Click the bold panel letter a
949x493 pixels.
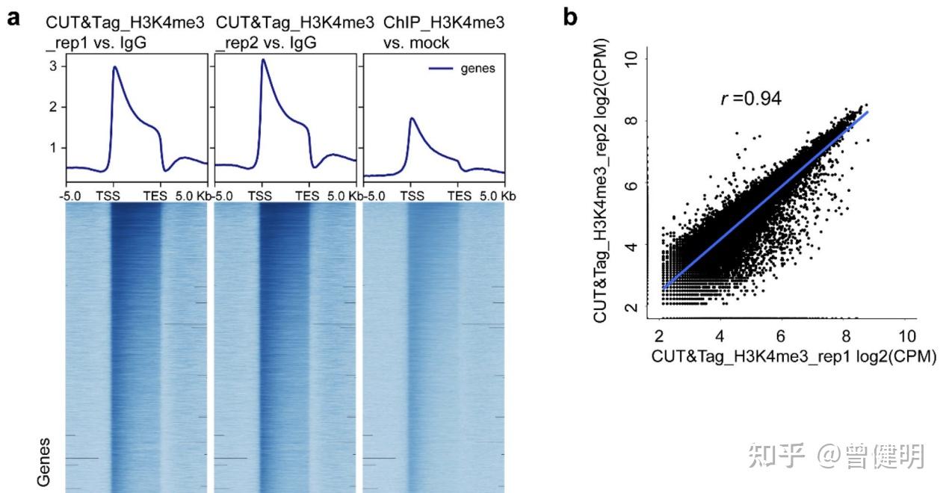tap(13, 19)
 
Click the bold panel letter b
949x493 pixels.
tap(571, 17)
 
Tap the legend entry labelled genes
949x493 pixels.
tap(477, 69)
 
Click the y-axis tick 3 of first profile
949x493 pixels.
tap(52, 66)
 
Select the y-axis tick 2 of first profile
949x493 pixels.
tap(52, 107)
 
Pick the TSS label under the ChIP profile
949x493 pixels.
tap(412, 196)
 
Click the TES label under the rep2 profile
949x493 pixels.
tap(307, 196)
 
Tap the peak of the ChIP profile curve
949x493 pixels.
tap(412, 118)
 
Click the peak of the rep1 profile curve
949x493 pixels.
tap(115, 67)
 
